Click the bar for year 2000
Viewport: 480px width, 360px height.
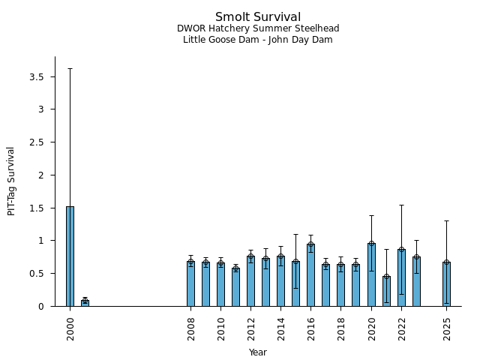[x=70, y=256]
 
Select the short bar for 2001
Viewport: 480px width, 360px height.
[x=85, y=303]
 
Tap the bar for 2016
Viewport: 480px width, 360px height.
[x=310, y=275]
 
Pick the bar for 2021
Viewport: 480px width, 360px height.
[x=386, y=291]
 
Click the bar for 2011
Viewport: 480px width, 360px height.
[x=235, y=287]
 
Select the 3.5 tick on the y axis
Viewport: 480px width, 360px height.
[x=36, y=77]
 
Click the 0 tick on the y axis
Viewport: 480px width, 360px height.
[x=41, y=306]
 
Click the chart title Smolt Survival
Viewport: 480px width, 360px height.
[x=258, y=17]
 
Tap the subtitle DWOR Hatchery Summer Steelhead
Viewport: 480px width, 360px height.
[x=258, y=28]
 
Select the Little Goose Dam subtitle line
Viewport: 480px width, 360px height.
[x=258, y=40]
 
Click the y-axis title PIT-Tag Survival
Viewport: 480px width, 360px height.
[x=11, y=181]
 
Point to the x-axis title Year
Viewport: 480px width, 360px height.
[x=258, y=352]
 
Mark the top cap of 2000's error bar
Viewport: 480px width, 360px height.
[x=70, y=68]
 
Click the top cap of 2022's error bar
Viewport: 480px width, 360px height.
[x=401, y=205]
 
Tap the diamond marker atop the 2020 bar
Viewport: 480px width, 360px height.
[x=371, y=244]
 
